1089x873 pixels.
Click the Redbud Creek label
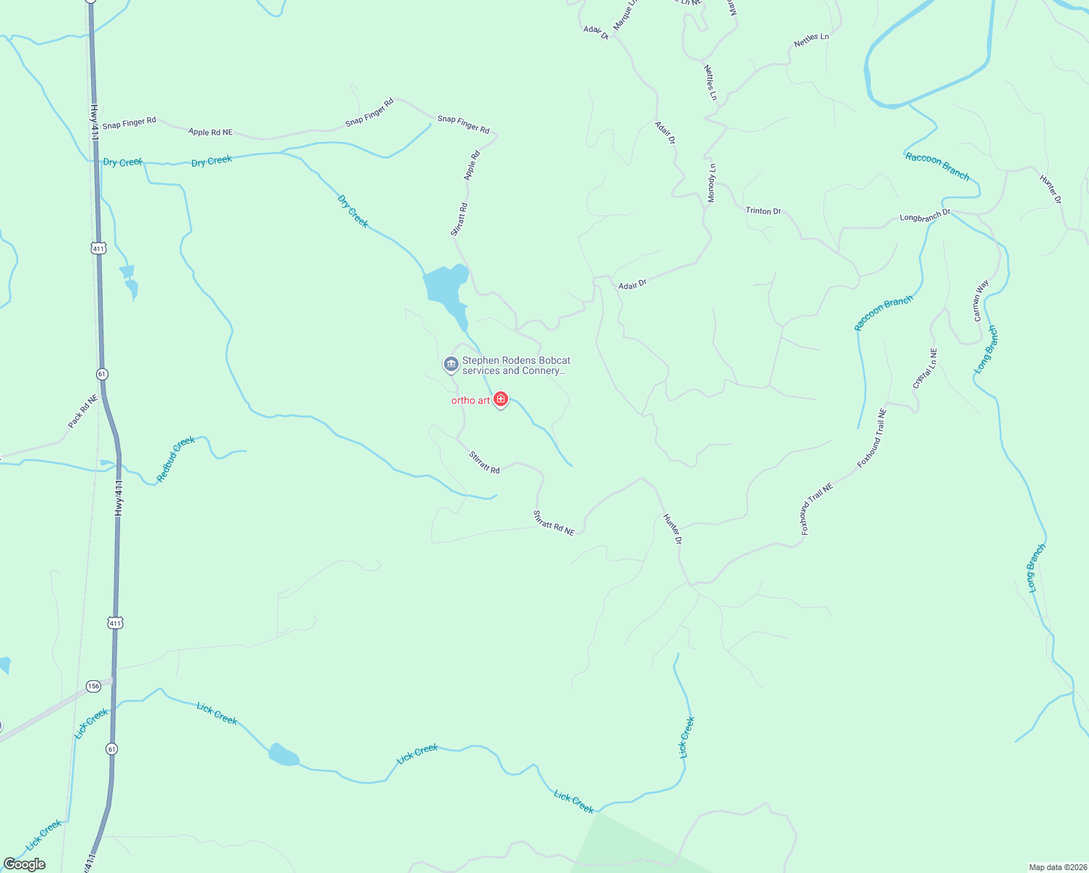click(x=176, y=459)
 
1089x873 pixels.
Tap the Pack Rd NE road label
click(x=82, y=411)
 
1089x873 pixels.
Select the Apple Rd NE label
click(x=210, y=132)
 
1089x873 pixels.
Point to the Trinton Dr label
click(x=763, y=211)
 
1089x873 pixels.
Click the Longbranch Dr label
click(x=924, y=217)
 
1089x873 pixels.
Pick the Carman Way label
click(x=981, y=300)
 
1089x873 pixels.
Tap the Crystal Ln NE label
click(x=925, y=368)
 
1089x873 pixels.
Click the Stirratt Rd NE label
click(x=554, y=523)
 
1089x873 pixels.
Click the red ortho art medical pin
click(x=501, y=399)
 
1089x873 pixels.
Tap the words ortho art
click(x=470, y=401)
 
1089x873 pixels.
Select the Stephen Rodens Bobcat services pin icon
click(x=451, y=364)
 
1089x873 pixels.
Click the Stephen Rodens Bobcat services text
click(x=515, y=365)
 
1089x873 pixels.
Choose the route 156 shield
click(x=93, y=686)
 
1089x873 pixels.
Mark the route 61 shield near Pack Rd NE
click(x=101, y=374)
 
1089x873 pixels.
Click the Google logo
click(x=25, y=864)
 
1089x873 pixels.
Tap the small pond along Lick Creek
click(x=283, y=755)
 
